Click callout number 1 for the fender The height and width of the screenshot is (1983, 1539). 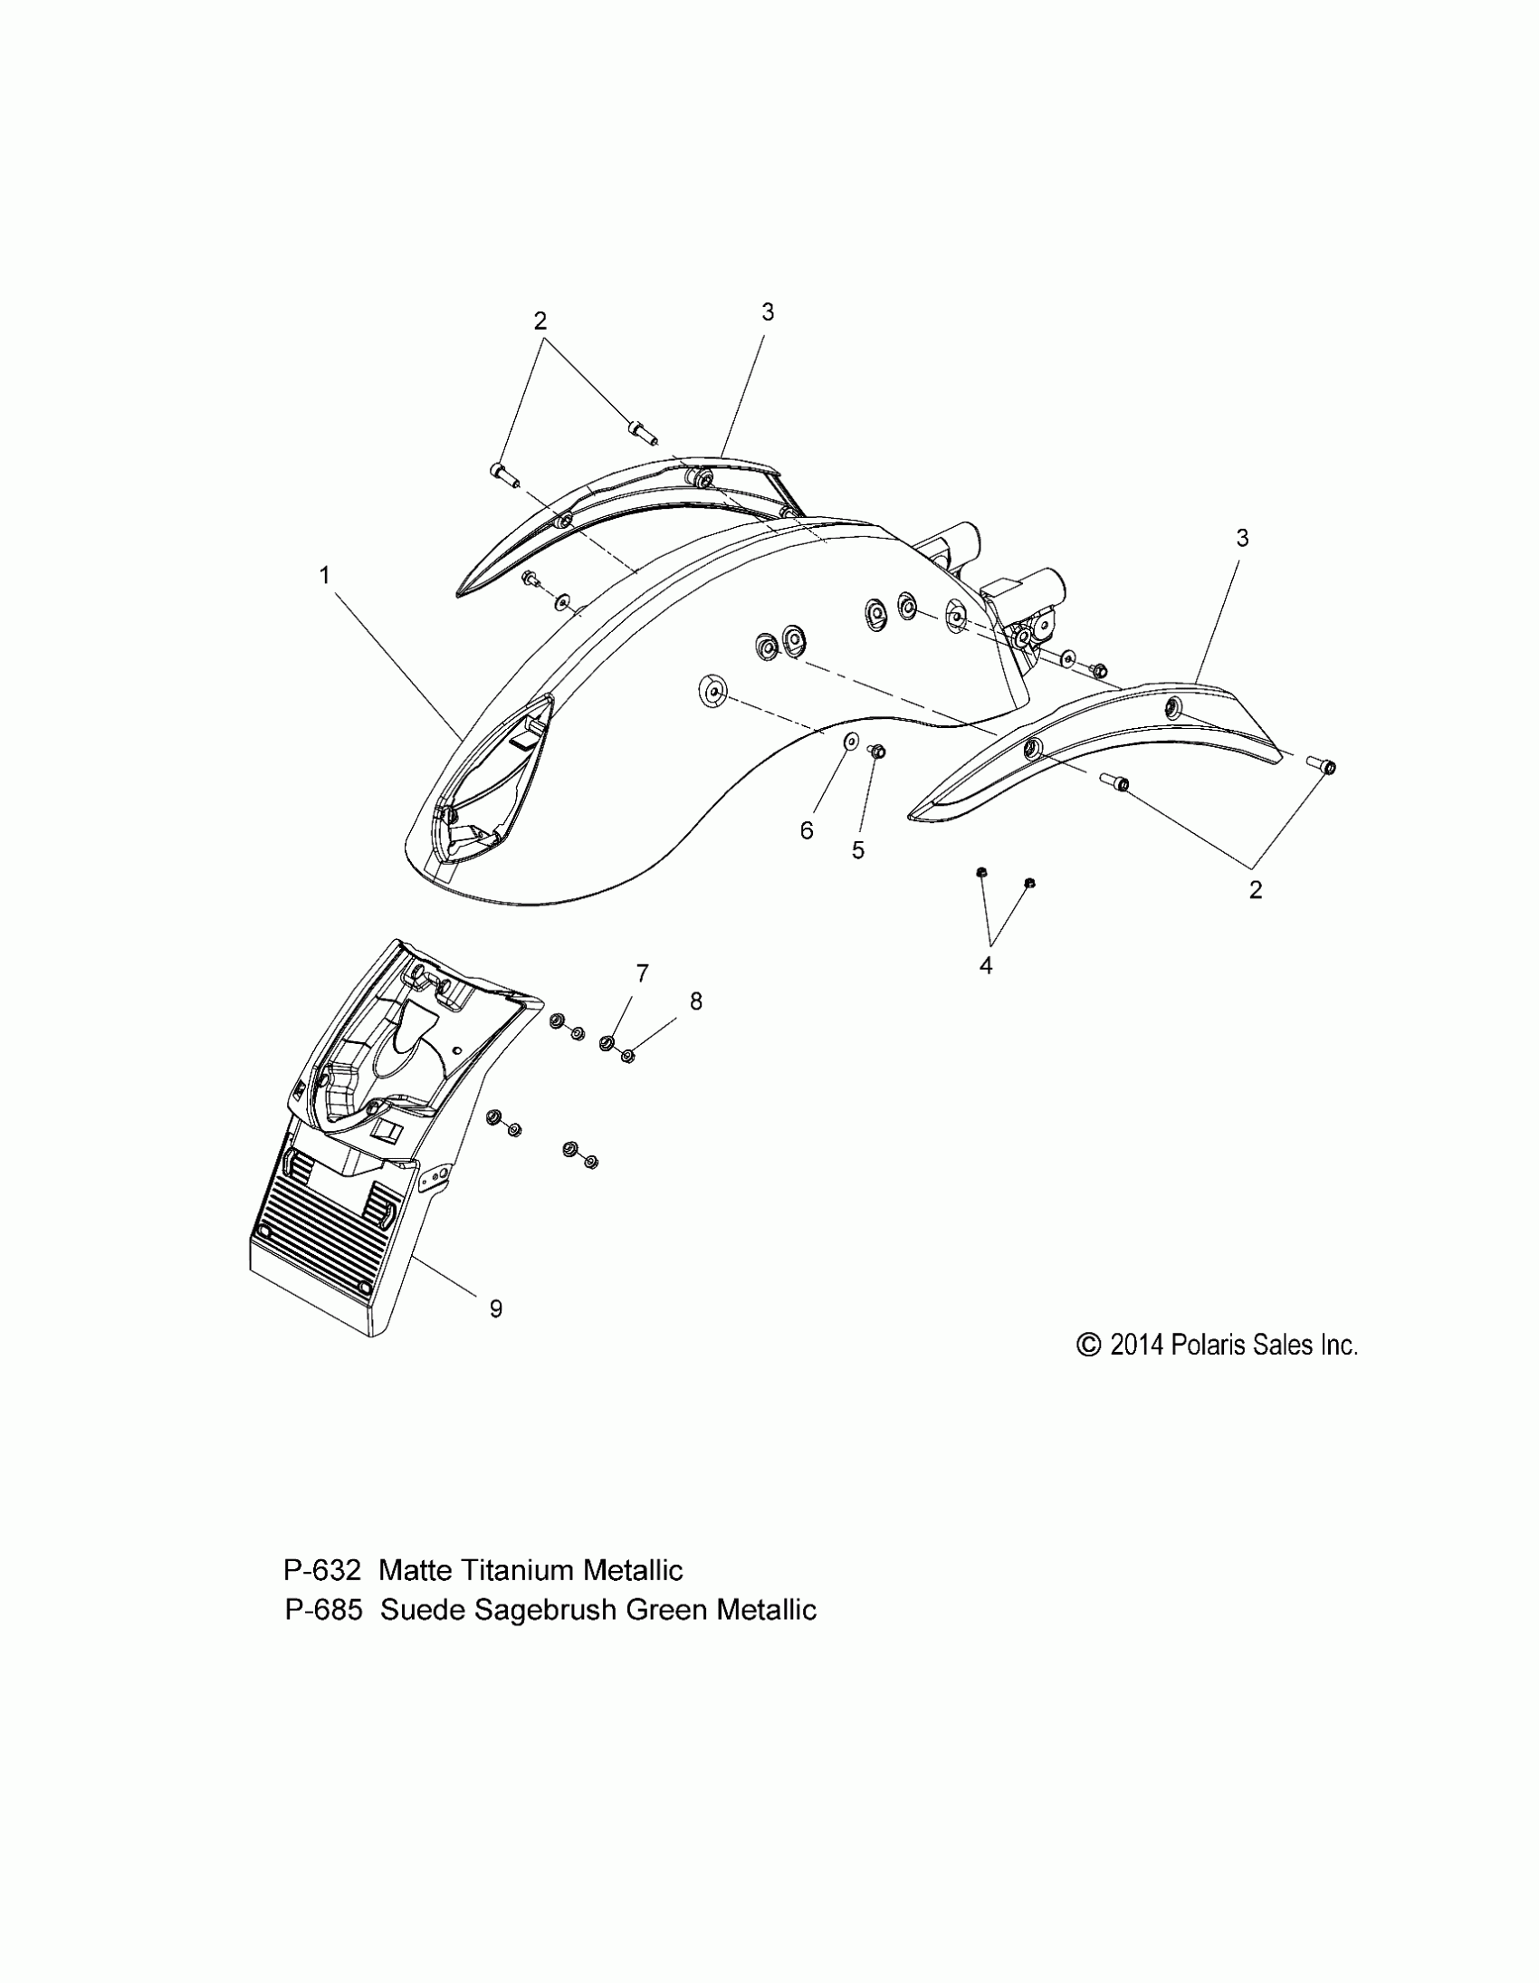[x=324, y=576]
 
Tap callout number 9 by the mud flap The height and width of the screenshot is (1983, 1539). [x=496, y=1308]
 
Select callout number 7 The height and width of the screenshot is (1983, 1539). [x=642, y=974]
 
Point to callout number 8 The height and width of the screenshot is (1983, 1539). [x=695, y=1001]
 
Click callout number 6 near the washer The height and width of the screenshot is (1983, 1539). [x=807, y=831]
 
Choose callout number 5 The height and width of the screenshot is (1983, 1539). [x=858, y=851]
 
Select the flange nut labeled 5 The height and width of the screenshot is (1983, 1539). [x=877, y=751]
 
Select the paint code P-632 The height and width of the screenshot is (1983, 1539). [x=322, y=1570]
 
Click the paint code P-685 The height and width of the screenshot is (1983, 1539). [x=323, y=1610]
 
